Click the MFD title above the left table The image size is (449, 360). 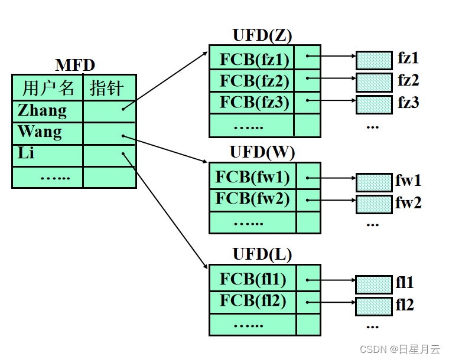(75, 66)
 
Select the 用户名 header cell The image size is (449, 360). (48, 88)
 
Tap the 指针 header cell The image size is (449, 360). (106, 88)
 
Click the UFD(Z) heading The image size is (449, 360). (262, 35)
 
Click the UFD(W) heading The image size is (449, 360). (262, 153)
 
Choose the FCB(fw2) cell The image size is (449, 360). (253, 199)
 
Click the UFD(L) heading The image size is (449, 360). (262, 254)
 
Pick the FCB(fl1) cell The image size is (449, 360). (253, 279)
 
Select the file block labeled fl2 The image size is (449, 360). (374, 306)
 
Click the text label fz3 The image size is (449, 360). (408, 103)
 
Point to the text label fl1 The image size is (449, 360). (405, 283)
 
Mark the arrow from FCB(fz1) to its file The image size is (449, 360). (334, 58)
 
